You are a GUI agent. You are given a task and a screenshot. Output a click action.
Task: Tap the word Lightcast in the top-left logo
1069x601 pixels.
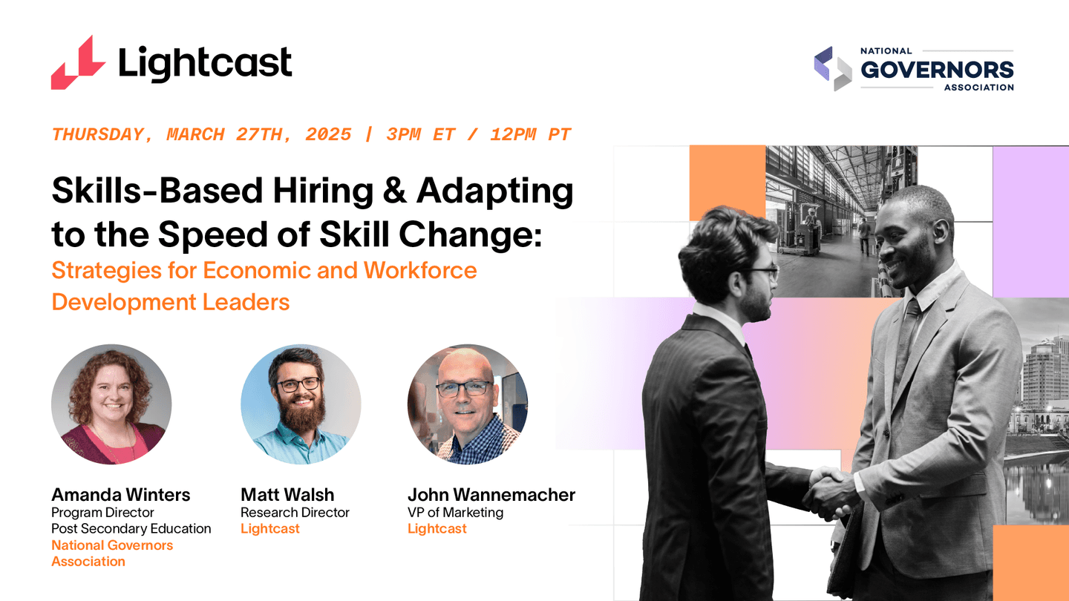tap(205, 62)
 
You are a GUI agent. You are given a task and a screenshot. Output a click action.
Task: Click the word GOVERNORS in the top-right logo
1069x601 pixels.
tap(937, 70)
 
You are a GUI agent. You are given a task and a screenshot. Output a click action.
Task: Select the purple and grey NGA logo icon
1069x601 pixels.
tap(833, 68)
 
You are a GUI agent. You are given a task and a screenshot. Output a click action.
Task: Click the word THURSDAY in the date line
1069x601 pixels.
tap(97, 135)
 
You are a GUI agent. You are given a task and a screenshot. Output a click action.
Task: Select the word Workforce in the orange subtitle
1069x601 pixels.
tap(419, 270)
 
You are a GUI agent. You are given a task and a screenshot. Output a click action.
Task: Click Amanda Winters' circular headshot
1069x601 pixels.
tap(111, 404)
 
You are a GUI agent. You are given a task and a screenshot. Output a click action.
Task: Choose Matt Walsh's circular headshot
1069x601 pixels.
tap(301, 404)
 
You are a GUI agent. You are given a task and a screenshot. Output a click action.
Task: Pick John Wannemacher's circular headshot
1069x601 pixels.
tap(468, 404)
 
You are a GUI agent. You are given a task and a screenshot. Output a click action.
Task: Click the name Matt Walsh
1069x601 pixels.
tap(287, 495)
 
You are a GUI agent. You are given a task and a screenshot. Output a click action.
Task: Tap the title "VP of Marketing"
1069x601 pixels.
tap(455, 513)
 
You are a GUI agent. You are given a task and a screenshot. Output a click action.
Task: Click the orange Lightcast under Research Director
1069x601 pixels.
tap(270, 529)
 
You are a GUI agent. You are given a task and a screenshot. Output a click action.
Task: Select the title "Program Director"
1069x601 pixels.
tap(102, 513)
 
